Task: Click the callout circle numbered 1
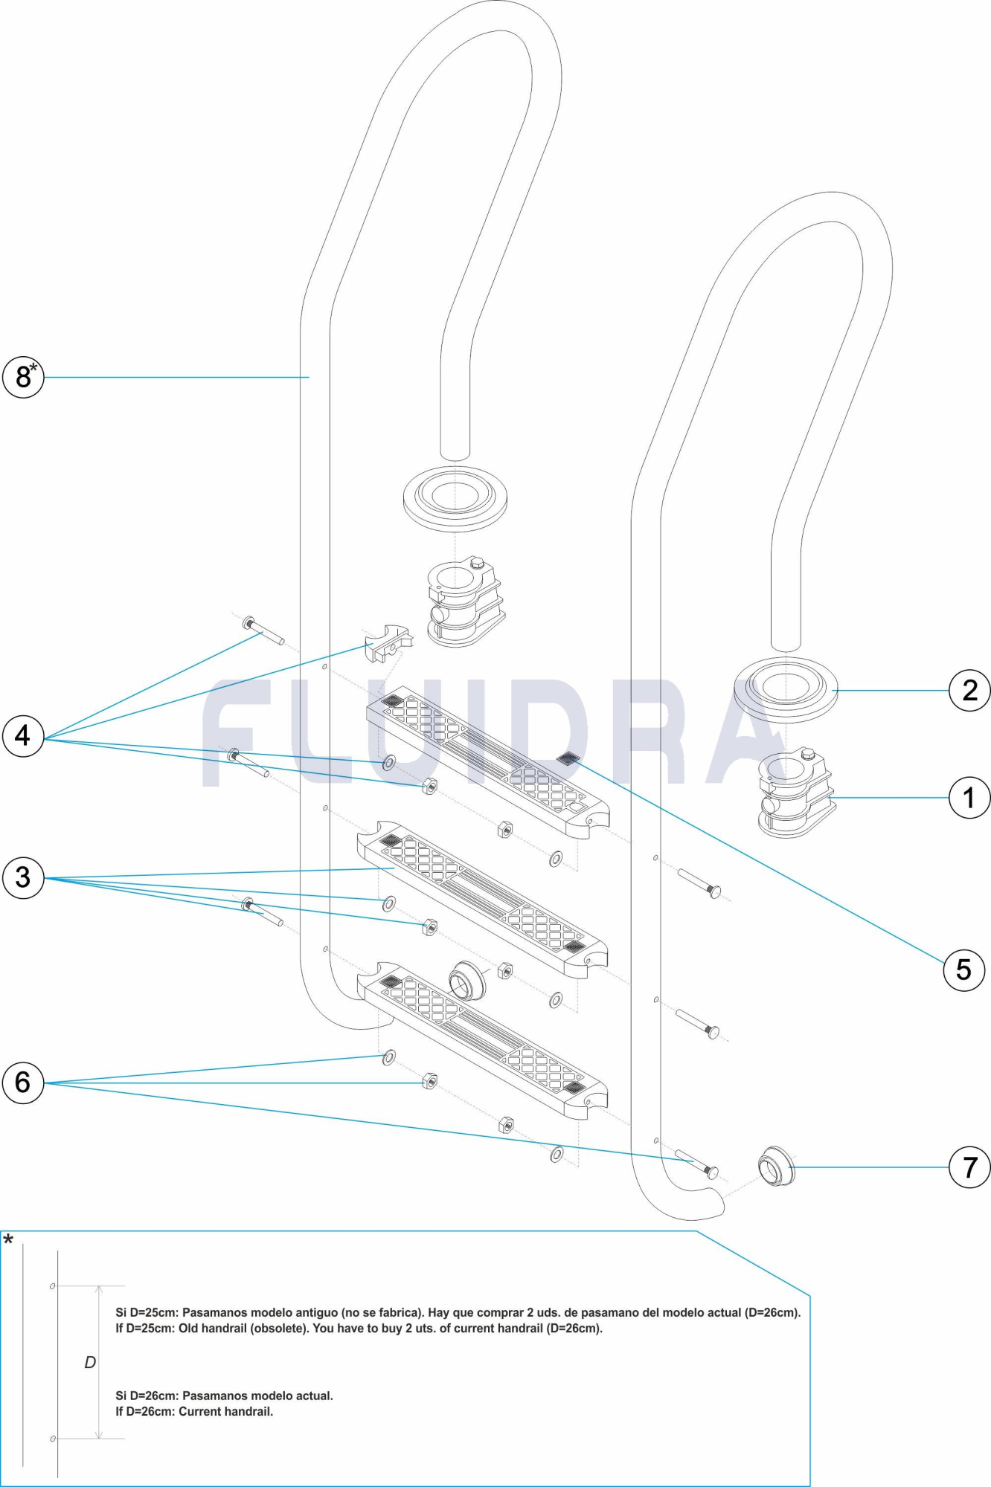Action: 969,798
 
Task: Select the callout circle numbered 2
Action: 969,691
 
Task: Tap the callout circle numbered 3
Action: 23,877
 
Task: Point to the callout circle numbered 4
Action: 23,736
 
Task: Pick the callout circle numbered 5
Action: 963,970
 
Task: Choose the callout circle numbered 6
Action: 23,1083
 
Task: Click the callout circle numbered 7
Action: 969,1167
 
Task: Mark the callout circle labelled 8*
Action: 23,377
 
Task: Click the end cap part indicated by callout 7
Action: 777,1167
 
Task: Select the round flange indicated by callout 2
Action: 786,689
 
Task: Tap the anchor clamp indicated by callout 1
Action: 795,793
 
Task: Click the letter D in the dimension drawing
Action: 90,1362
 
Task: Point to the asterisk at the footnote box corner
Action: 8,1240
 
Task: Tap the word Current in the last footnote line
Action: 201,1411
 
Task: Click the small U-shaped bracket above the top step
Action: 388,643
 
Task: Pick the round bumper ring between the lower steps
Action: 467,981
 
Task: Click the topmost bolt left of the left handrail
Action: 263,631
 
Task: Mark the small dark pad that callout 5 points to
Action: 568,758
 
